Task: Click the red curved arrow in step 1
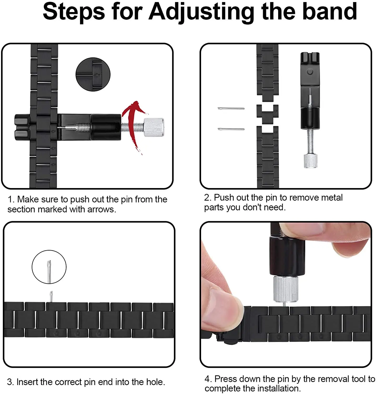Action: point(133,126)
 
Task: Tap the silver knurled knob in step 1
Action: point(154,127)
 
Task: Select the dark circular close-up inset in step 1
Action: point(93,74)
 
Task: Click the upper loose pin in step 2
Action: point(231,108)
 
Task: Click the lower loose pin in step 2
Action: point(231,129)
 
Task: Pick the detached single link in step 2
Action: point(267,114)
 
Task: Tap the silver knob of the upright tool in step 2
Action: point(310,161)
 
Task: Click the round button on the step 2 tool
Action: point(310,71)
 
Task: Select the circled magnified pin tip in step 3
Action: point(49,267)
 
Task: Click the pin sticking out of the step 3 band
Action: point(51,296)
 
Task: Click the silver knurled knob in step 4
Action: point(286,289)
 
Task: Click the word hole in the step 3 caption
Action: point(155,382)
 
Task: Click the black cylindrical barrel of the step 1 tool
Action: point(106,127)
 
